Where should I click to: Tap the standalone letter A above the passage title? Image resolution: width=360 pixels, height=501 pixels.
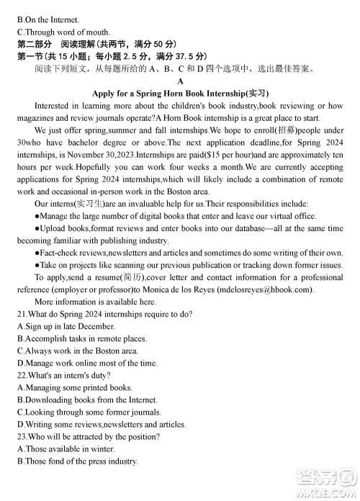180,81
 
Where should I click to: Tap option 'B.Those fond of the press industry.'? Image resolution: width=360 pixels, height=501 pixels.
76,461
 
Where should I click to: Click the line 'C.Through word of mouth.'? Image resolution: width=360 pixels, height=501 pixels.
63,32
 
